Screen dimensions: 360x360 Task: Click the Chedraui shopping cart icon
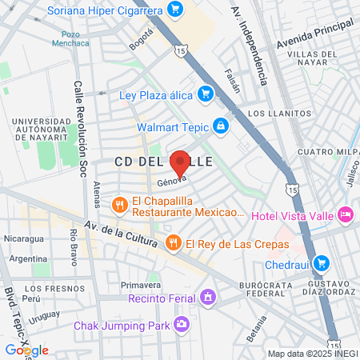(321, 262)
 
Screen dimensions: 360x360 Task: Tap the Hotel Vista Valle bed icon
(346, 214)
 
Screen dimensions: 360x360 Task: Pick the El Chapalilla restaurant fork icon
(119, 205)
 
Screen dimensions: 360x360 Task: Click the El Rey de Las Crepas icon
(172, 242)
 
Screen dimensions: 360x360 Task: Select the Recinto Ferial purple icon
(208, 298)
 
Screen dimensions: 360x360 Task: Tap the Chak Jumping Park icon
(182, 325)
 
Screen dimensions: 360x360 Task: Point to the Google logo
(26, 350)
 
